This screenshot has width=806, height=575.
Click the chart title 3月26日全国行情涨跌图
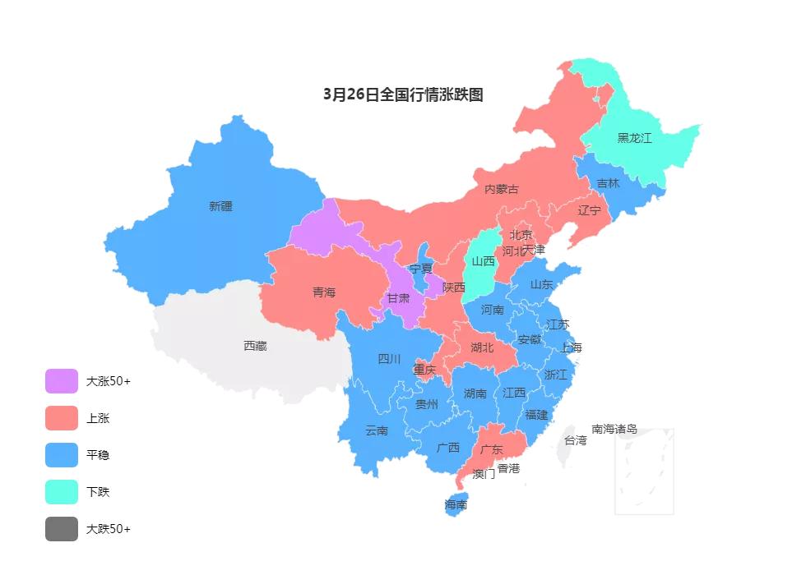(403, 94)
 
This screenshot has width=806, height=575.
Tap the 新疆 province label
(220, 206)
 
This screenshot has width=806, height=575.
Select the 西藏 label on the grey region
(255, 346)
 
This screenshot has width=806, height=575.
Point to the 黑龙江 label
(634, 138)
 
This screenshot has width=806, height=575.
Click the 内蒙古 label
(502, 189)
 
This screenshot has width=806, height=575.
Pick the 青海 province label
(324, 292)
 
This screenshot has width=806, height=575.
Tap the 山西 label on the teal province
(484, 261)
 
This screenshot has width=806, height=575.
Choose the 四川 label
(389, 358)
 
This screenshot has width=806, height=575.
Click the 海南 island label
(456, 504)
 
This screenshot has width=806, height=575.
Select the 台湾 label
(576, 440)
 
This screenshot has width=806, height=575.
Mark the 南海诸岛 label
(614, 429)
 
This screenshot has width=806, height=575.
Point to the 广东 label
(491, 449)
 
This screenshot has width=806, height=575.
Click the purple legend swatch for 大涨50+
(62, 381)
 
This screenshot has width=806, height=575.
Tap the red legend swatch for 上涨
(62, 418)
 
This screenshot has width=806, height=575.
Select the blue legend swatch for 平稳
(62, 455)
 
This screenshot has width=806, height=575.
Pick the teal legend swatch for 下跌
(62, 492)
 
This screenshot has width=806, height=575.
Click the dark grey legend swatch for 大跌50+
(62, 529)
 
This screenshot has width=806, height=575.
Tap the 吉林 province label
(608, 183)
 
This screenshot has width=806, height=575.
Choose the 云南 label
(377, 430)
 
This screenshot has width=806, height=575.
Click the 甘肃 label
(398, 298)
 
